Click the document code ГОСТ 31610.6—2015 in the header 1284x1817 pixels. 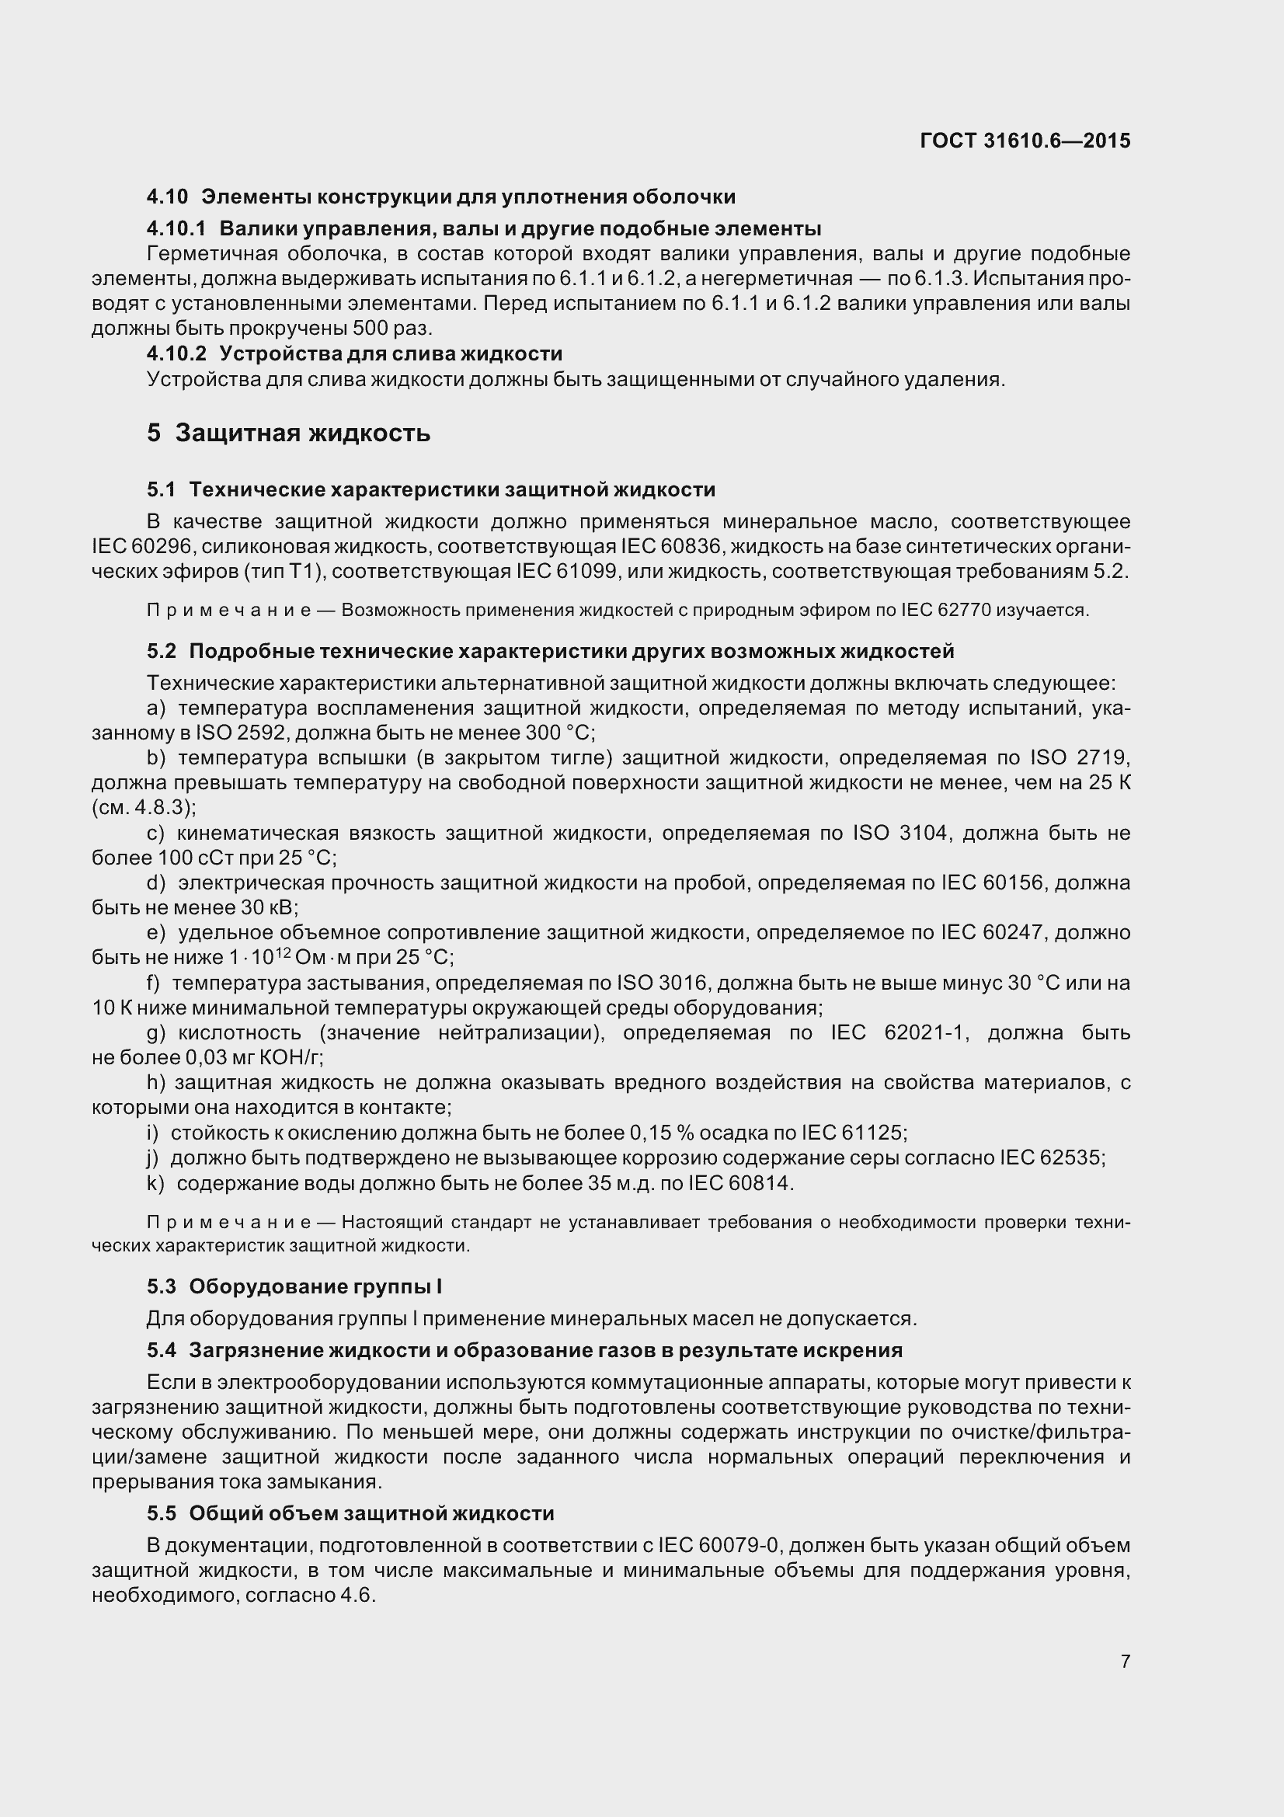pyautogui.click(x=1025, y=141)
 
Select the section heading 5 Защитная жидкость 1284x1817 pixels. pyautogui.click(x=288, y=433)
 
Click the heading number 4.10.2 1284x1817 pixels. pyautogui.click(x=176, y=353)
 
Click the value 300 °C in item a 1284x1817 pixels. pyautogui.click(x=559, y=733)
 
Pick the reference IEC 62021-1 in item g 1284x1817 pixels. pyautogui.click(x=899, y=1032)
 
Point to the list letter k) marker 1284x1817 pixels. pyautogui.click(x=155, y=1183)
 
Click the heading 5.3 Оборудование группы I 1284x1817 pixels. pyautogui.click(x=294, y=1286)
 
